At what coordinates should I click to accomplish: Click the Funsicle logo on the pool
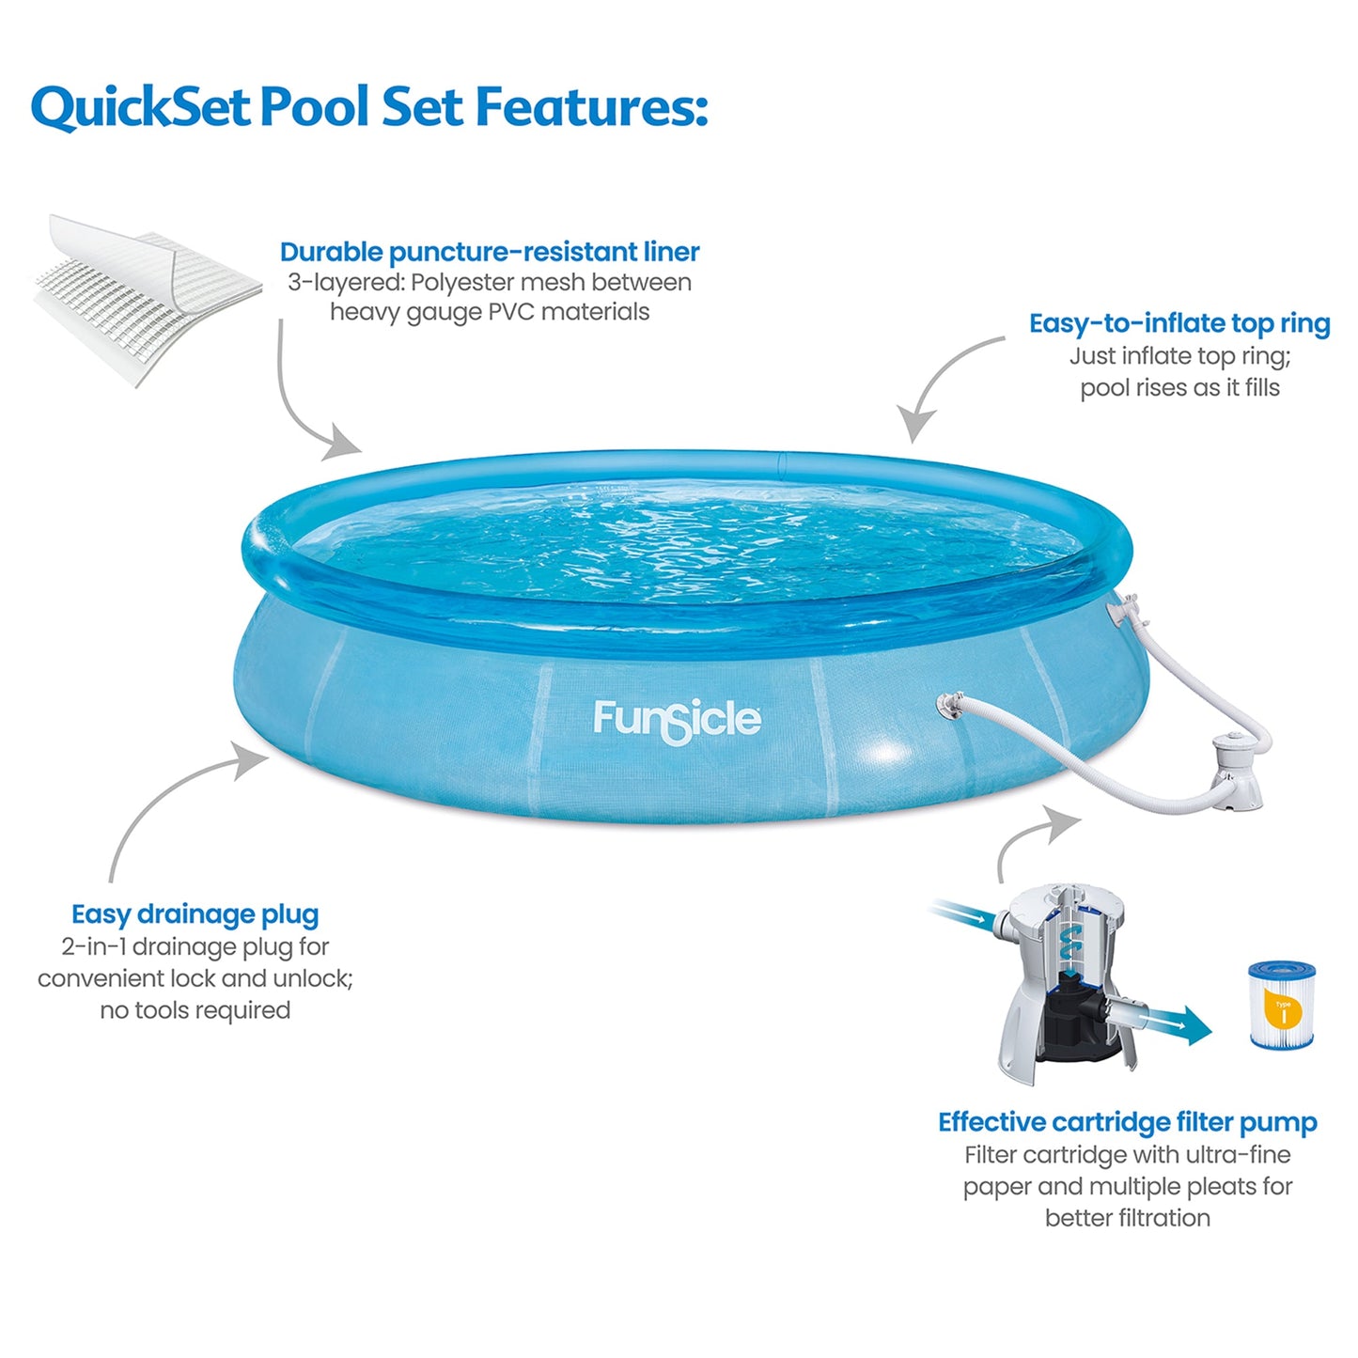(x=677, y=721)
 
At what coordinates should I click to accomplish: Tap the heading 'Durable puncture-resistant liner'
(x=489, y=252)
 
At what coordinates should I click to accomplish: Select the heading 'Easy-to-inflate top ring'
(x=1179, y=323)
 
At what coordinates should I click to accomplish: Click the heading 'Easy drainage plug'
(x=195, y=914)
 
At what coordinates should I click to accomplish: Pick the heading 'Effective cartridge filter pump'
(x=1127, y=1122)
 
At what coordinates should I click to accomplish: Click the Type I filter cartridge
(x=1281, y=1005)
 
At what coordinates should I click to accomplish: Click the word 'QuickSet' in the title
(x=141, y=106)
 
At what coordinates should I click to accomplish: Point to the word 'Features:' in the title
(x=591, y=106)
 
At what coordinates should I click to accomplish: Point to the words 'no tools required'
(x=195, y=1010)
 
